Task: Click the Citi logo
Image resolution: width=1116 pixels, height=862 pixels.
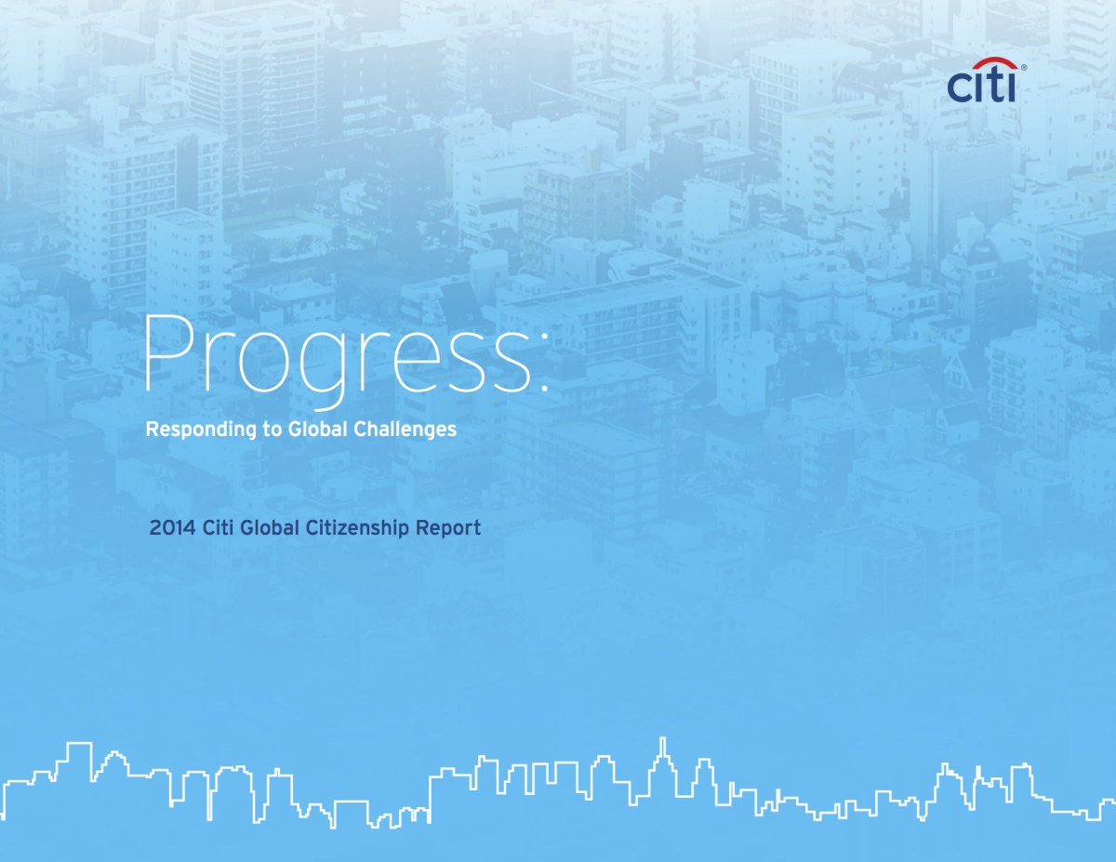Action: coord(985,80)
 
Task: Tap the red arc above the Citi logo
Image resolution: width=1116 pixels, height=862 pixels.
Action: coord(995,61)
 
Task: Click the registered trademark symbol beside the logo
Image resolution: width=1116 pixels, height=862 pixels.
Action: coord(1024,68)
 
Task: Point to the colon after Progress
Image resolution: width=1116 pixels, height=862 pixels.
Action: coord(544,362)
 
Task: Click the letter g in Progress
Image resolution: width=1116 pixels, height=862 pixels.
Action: coord(324,371)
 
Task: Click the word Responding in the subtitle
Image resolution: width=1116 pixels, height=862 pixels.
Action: coord(201,430)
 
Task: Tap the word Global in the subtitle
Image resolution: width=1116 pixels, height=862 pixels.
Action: coord(317,429)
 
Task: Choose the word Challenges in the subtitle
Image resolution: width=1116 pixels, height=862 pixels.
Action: coord(405,430)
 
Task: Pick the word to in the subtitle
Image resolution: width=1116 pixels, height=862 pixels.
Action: coord(272,430)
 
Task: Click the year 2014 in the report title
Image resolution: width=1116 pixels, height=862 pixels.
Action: coord(172,528)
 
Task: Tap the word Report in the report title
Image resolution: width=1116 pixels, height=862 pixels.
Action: coord(448,528)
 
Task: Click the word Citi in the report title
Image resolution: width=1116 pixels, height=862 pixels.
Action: coord(218,528)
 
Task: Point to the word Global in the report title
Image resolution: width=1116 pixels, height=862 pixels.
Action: coord(270,528)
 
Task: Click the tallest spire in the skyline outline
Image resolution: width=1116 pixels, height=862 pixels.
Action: coord(663,748)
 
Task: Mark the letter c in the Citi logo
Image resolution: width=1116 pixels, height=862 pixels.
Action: coord(959,87)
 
